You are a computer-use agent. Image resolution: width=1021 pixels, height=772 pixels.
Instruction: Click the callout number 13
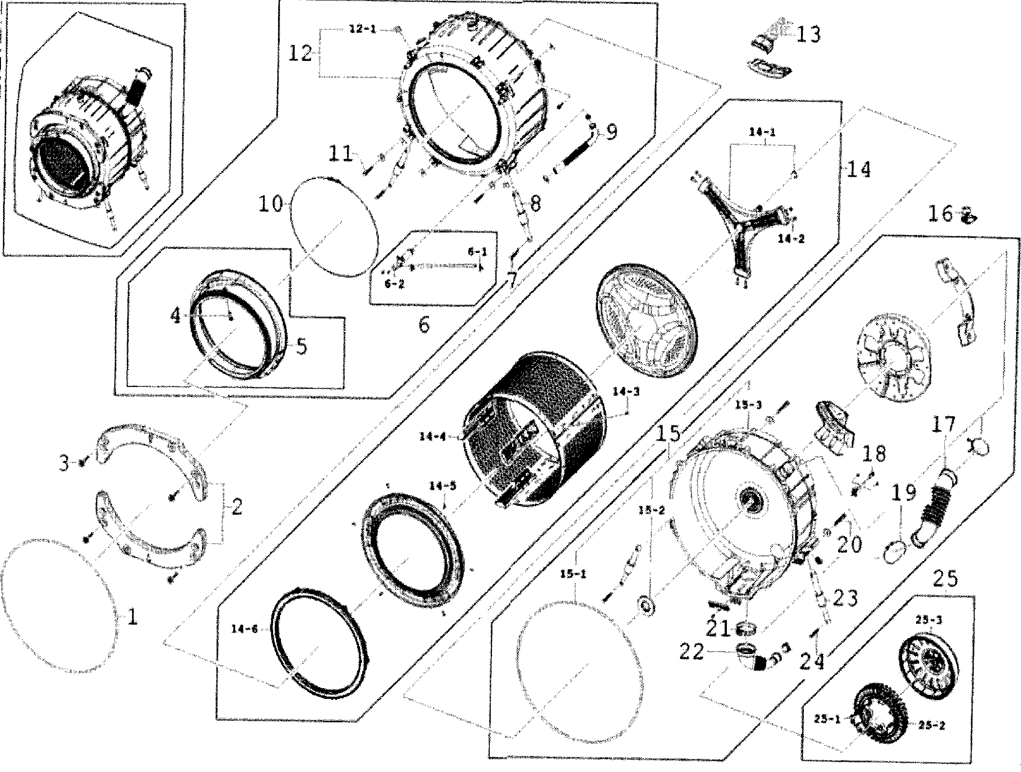[809, 34]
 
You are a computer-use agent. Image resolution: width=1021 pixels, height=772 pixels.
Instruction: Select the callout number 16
[940, 213]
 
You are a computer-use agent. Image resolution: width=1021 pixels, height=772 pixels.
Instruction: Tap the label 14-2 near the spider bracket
[790, 239]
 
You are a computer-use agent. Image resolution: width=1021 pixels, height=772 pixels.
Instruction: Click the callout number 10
[270, 204]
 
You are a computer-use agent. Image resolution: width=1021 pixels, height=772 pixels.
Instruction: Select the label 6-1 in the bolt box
[477, 251]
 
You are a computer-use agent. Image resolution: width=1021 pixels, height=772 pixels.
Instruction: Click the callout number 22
[691, 652]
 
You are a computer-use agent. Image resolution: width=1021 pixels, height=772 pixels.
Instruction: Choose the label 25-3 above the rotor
[928, 620]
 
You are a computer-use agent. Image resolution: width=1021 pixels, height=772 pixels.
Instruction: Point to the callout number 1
[132, 618]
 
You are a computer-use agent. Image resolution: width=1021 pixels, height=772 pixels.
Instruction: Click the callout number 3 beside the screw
[64, 463]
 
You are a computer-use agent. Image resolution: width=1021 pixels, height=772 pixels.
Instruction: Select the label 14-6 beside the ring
[244, 629]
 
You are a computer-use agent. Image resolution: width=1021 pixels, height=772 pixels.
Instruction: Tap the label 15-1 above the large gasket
[573, 574]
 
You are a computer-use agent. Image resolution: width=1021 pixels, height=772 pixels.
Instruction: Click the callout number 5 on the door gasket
[302, 347]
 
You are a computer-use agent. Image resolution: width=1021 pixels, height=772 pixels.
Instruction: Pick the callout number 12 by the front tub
[300, 53]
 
